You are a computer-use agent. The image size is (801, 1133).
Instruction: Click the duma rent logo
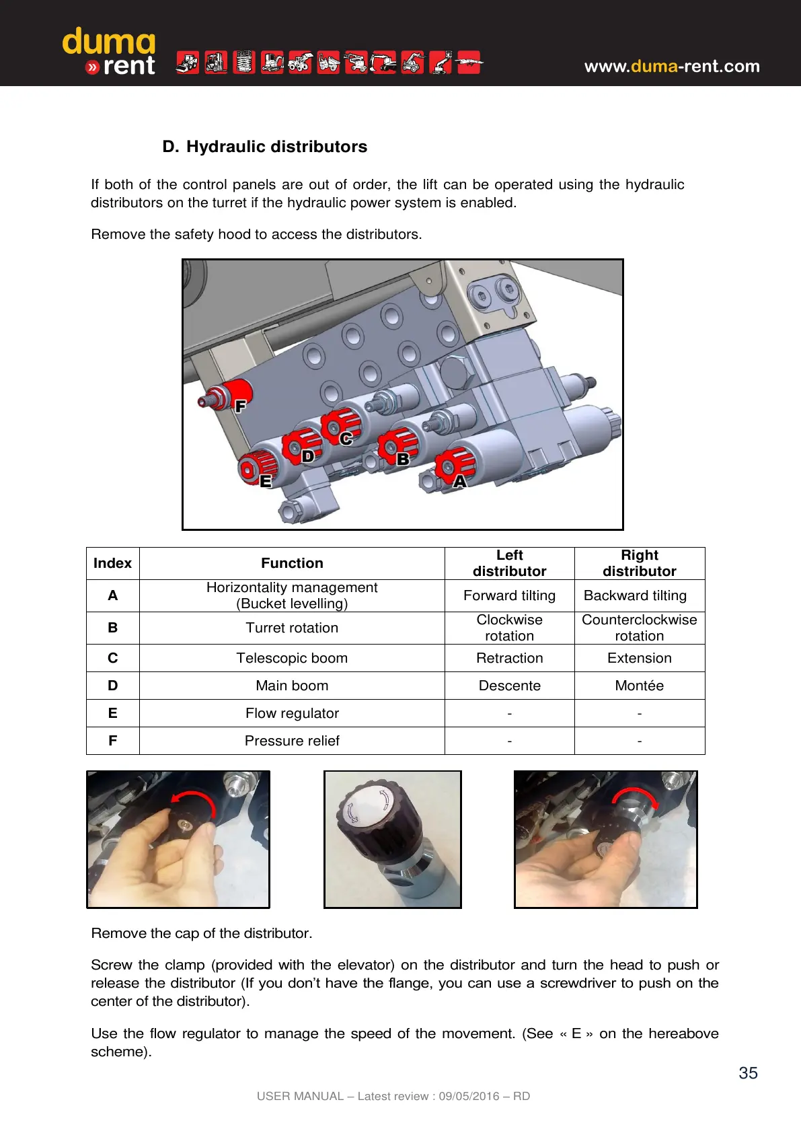109,52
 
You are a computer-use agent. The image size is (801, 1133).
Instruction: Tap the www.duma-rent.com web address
672,66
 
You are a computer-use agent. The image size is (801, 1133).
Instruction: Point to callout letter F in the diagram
240,406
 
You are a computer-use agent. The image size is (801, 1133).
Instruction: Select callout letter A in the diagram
460,481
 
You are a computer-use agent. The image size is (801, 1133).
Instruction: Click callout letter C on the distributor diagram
346,439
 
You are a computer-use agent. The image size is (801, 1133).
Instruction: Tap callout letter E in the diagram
266,481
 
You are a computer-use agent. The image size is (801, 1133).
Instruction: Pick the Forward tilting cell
509,595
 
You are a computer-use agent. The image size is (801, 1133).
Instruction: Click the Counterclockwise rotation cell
639,628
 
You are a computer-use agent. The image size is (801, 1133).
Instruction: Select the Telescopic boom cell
292,658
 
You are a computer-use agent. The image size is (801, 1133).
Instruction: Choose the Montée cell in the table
639,686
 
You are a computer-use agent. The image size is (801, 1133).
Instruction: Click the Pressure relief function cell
292,741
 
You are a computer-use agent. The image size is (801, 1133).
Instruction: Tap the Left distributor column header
509,563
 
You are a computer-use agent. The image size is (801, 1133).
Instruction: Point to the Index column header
112,563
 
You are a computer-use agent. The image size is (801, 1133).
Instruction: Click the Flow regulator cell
292,713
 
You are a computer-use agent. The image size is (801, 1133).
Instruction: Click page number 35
748,1073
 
